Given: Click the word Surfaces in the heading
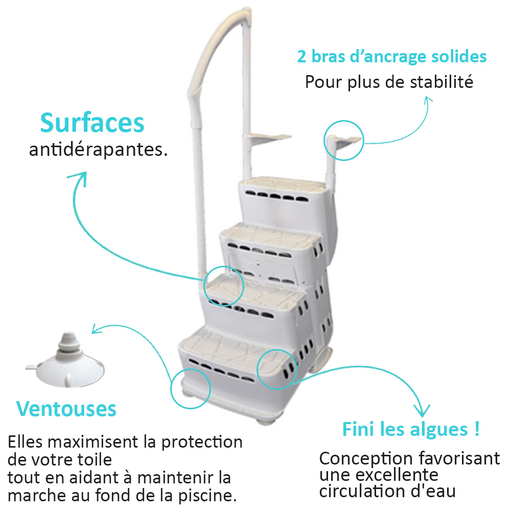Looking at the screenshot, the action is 92,123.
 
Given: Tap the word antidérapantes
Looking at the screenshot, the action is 98,150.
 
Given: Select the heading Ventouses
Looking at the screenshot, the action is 66,409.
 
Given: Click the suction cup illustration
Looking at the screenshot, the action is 65,360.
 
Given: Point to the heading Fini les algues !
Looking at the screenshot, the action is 411,429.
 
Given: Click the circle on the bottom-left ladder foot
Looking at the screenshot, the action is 171,389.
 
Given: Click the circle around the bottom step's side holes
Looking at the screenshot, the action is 257,369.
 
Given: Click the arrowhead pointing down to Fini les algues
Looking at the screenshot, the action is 422,412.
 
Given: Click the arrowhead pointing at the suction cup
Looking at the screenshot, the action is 97,329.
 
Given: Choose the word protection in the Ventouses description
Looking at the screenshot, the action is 202,442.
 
